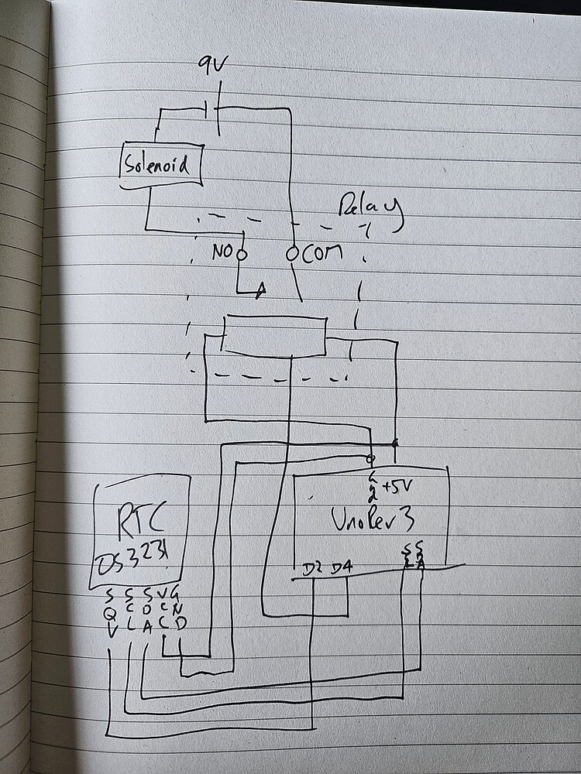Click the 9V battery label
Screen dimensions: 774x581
tap(210, 63)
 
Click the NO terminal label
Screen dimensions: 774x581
tap(222, 253)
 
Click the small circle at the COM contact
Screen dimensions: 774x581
tap(292, 253)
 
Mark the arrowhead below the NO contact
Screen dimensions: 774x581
tap(261, 289)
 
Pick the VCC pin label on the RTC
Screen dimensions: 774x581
tap(163, 608)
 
